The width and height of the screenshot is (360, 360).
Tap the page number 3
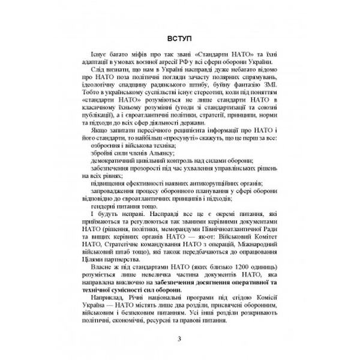click(x=180, y=339)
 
